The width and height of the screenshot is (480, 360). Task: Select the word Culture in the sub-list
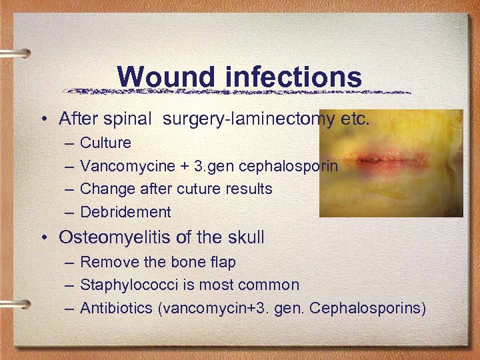pyautogui.click(x=105, y=143)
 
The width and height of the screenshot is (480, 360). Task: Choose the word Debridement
pyautogui.click(x=125, y=213)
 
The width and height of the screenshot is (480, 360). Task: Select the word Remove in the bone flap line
pyautogui.click(x=106, y=262)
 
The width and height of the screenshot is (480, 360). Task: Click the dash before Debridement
pyautogui.click(x=70, y=213)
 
